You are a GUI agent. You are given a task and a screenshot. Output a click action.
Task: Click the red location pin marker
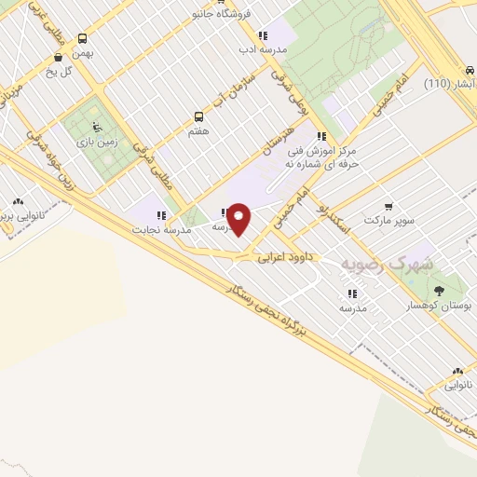(x=239, y=218)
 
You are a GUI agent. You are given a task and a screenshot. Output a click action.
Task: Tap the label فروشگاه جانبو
(x=220, y=15)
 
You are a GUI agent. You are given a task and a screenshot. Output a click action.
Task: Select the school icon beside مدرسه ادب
(x=263, y=35)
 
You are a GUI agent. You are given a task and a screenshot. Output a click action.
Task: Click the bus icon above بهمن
(x=83, y=39)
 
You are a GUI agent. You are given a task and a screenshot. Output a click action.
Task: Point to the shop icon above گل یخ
(x=60, y=55)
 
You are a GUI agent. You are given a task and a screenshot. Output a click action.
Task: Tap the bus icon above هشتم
(x=198, y=116)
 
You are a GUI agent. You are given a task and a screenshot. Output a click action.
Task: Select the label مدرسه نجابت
(x=160, y=228)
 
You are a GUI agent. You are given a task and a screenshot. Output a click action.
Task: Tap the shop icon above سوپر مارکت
(x=388, y=207)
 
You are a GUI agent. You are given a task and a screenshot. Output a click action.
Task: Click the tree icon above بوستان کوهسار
(x=438, y=290)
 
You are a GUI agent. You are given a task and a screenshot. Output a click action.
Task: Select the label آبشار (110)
(x=449, y=84)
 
